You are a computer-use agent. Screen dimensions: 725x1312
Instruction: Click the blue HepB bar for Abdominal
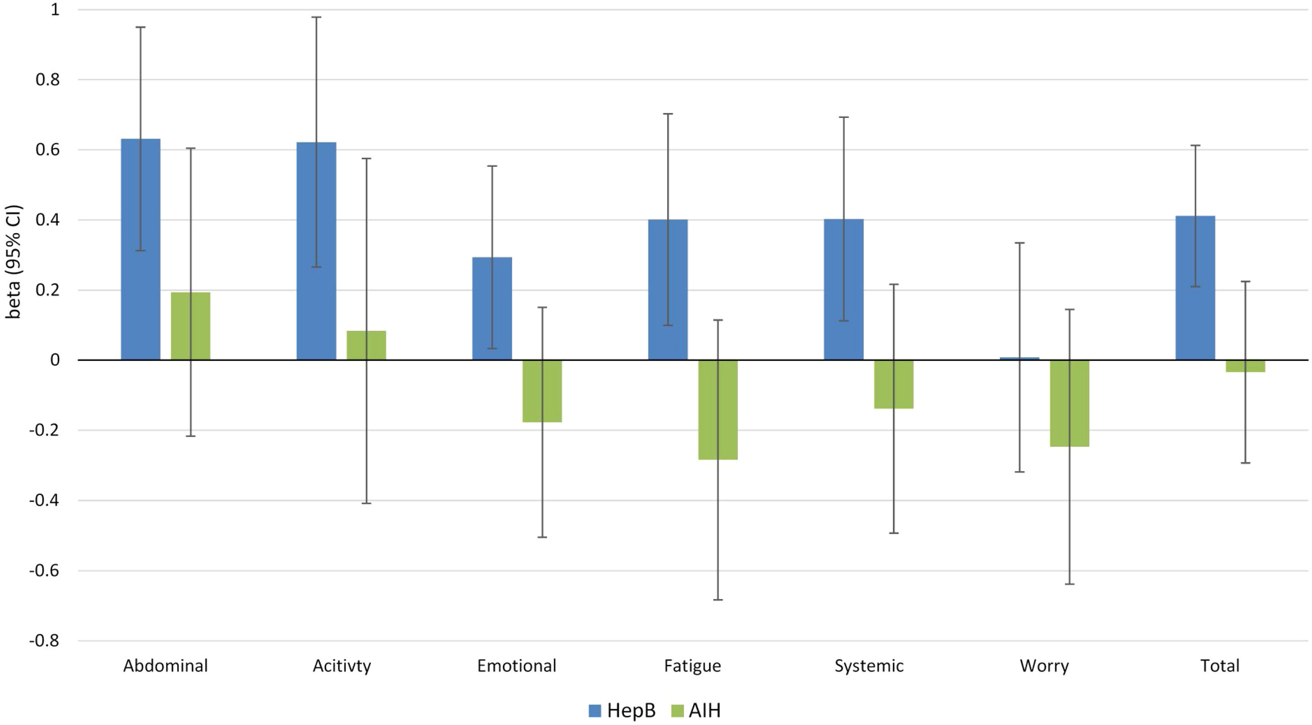(140, 249)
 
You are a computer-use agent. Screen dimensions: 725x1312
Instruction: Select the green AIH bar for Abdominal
(191, 326)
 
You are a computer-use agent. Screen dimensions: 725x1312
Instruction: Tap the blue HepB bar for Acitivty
(316, 251)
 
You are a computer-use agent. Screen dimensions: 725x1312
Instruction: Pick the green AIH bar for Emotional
(542, 391)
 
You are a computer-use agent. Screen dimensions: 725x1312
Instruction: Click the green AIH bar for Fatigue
(718, 410)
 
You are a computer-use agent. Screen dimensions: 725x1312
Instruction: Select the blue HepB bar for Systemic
(843, 290)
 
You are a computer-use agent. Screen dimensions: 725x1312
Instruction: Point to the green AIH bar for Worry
(1070, 403)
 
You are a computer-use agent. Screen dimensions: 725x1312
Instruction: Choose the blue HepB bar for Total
(1195, 288)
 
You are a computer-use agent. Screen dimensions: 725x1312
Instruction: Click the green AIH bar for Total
(1245, 366)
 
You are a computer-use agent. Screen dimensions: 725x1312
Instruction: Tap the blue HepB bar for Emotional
(492, 308)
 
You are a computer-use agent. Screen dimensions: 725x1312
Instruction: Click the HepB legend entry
(623, 710)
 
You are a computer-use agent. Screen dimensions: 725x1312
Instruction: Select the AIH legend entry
(697, 710)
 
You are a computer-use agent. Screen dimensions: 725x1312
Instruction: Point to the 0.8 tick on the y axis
(48, 79)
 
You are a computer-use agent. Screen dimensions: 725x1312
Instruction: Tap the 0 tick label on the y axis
(54, 360)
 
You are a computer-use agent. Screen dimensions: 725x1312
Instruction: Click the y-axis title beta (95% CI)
(13, 262)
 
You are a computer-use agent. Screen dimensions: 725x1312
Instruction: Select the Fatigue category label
(692, 665)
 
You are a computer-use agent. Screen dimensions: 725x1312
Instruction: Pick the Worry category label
(1044, 665)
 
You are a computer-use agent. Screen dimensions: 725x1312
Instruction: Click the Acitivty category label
(342, 665)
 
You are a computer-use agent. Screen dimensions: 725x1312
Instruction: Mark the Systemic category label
(869, 665)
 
